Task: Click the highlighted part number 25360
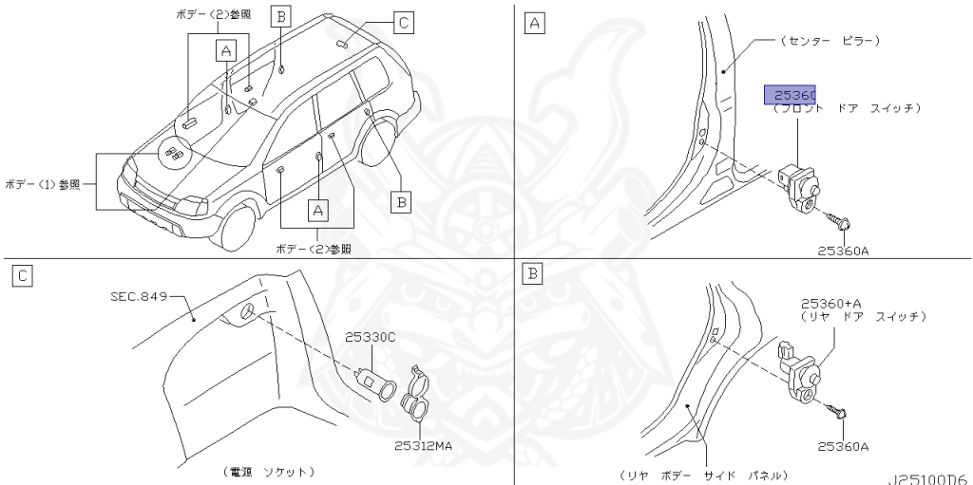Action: [x=791, y=95]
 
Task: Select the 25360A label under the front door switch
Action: [x=842, y=251]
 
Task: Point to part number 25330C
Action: [x=370, y=337]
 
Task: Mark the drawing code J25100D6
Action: [x=929, y=478]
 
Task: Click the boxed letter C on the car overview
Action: [x=402, y=22]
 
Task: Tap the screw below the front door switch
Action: [x=840, y=221]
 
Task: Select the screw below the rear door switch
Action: [x=839, y=413]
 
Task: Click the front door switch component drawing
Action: [x=799, y=181]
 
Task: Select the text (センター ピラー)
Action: [x=829, y=41]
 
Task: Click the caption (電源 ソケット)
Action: [x=269, y=471]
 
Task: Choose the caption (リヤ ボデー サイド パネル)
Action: [x=701, y=474]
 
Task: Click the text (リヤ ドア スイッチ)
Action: [x=863, y=315]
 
